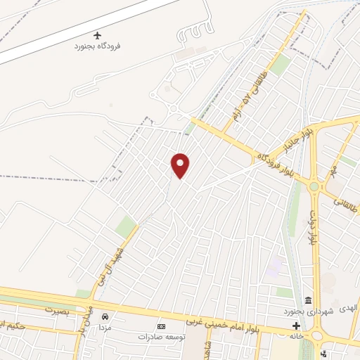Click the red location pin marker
click(181, 165)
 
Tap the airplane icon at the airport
click(98, 35)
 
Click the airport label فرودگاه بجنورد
click(98, 46)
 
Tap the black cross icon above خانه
click(296, 326)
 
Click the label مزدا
click(106, 328)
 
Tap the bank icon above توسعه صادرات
click(161, 326)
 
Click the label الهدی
click(348, 309)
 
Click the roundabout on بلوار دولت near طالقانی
click(314, 186)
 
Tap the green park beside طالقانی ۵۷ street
click(281, 65)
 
